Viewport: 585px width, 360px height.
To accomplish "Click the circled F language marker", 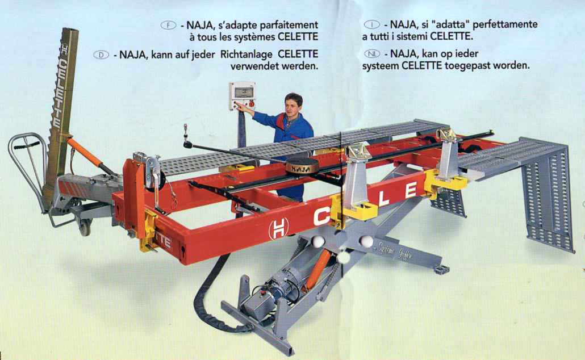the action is pos(168,26).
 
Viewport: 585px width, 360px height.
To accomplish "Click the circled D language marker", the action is pos(101,55).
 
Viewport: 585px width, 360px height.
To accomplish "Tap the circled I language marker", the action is pos(371,24).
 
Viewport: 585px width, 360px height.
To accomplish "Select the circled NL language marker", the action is pos(372,54).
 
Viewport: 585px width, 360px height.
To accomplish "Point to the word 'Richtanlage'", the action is pos(246,55).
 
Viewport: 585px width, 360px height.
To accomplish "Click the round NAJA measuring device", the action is pos(302,166).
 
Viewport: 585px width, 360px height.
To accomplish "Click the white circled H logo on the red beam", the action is pos(278,228).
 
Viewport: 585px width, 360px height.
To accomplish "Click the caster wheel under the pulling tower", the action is pos(85,227).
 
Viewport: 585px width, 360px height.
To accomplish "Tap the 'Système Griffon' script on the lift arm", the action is pos(394,251).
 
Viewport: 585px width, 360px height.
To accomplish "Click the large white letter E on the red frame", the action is pos(410,190).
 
